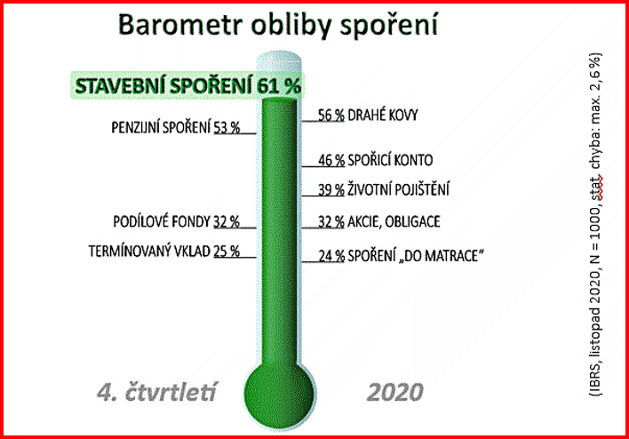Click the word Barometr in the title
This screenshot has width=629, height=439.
pos(181,25)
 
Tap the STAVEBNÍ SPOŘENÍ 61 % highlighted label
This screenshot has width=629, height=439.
pos(187,85)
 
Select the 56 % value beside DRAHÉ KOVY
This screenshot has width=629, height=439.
pos(331,116)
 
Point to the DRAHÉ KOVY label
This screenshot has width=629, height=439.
pos(383,116)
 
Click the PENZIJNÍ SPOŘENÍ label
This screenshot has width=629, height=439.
pos(161,128)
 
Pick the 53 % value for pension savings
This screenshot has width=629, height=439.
pos(227,128)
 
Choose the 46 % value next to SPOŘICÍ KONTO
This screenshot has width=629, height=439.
pos(331,161)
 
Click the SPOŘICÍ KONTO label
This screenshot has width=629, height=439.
pos(390,160)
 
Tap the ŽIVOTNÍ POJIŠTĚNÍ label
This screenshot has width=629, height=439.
pos(398,189)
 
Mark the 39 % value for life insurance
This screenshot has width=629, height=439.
pos(331,190)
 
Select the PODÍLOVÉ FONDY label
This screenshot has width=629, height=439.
pos(162,221)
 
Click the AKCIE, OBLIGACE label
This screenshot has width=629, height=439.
pos(394,221)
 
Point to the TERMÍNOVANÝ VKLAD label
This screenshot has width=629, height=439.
pos(149,251)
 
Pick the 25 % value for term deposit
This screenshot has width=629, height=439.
pos(227,251)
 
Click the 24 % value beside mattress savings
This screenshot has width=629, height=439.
pos(331,256)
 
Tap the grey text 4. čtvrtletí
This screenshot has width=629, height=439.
pos(157,392)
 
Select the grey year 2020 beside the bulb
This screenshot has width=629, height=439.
pos(395,392)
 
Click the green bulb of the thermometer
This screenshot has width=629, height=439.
pos(279,394)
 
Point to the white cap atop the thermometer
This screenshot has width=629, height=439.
pos(279,61)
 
